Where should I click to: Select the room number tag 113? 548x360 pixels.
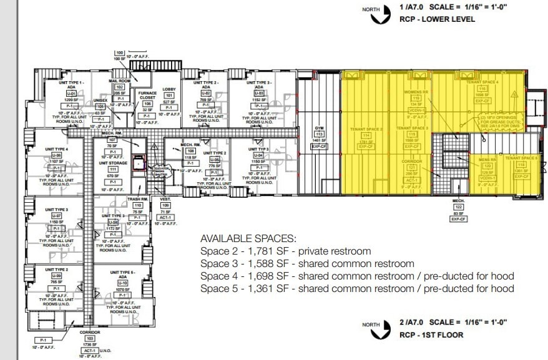(x=319, y=134)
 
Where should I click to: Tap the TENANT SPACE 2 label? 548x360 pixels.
(x=366, y=129)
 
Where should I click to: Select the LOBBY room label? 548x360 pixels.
(x=169, y=89)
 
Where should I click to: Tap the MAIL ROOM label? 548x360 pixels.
(x=119, y=81)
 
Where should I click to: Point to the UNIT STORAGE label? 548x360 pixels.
(x=113, y=163)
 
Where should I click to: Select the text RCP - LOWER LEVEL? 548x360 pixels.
(x=437, y=19)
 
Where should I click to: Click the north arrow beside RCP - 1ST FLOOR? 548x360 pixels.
(x=374, y=329)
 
